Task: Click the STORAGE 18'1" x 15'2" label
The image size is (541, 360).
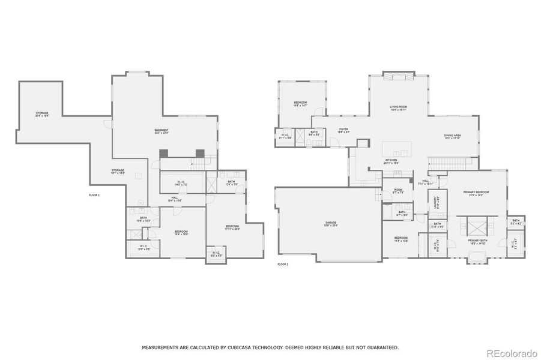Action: point(118,172)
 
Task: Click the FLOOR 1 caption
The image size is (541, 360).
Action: point(94,195)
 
